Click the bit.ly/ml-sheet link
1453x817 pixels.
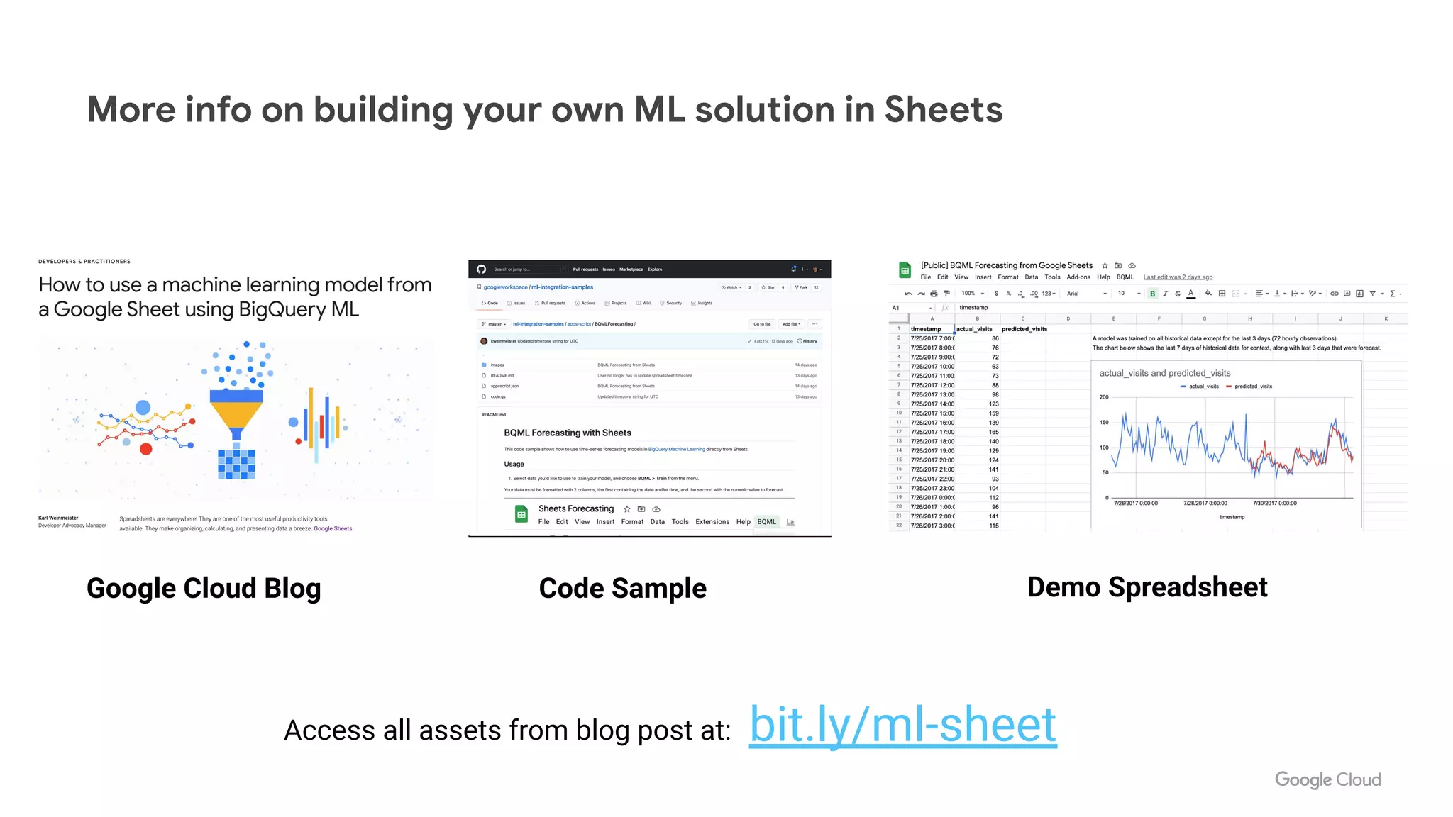point(902,726)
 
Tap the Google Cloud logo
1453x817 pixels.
point(1327,779)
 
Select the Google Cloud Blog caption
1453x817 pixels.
point(204,589)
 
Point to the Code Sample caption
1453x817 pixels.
point(622,589)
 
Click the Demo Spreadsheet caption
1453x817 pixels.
point(1147,587)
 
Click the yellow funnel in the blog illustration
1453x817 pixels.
point(236,416)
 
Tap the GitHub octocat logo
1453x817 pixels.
point(481,269)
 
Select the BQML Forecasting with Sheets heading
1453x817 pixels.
point(567,433)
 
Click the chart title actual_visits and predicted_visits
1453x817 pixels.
point(1164,373)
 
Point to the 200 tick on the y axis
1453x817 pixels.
point(1104,397)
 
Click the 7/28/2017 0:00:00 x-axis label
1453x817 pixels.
point(1205,504)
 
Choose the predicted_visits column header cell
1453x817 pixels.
point(1024,329)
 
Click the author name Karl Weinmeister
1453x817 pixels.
point(58,518)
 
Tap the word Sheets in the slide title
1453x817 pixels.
point(943,110)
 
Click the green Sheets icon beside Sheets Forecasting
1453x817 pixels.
point(521,514)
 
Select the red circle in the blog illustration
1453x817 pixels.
point(146,449)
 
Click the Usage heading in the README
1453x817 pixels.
point(514,464)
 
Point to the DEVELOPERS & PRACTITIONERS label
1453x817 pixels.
point(84,262)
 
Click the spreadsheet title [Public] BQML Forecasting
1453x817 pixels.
point(1006,265)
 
